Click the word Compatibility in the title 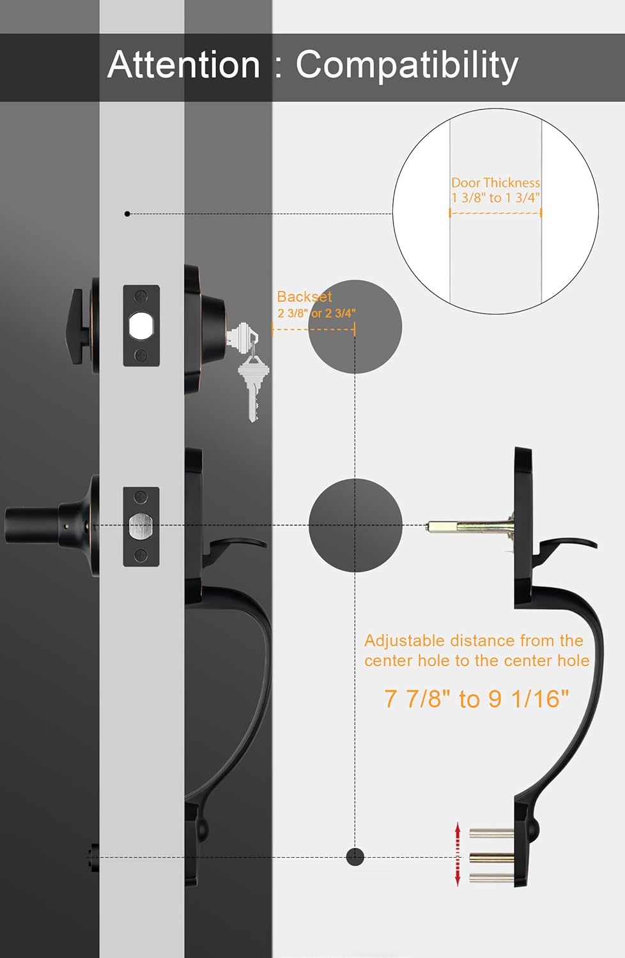[406, 65]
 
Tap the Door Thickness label [495, 183]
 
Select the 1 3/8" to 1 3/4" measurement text [495, 197]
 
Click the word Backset [304, 296]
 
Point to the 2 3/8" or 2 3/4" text [316, 313]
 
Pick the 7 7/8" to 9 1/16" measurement [477, 699]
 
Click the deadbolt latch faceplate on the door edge [141, 326]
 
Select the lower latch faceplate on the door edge [141, 526]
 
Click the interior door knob [47, 525]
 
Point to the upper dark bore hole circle [355, 327]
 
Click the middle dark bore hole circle [355, 525]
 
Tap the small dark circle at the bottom [355, 856]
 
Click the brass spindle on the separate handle [471, 525]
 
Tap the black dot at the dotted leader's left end [127, 214]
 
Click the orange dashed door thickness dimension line [495, 213]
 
